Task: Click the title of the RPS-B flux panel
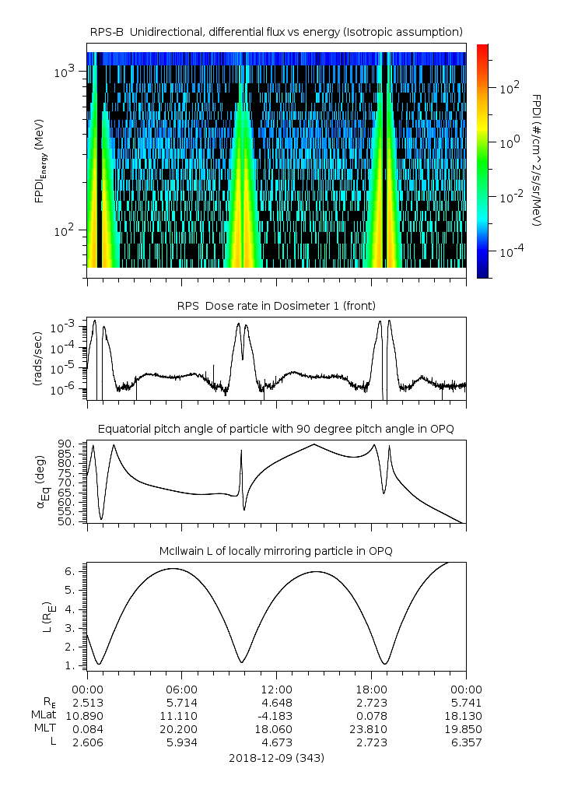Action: [x=276, y=31]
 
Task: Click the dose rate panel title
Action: [x=276, y=305]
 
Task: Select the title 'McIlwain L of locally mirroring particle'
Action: [x=276, y=551]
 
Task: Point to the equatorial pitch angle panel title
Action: [x=276, y=429]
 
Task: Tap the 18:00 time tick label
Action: [x=371, y=689]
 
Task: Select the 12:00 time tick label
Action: [x=276, y=689]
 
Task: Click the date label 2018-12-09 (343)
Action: [x=276, y=757]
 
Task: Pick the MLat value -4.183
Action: [x=276, y=715]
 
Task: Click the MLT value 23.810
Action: [x=371, y=729]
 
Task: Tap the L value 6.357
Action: [x=466, y=742]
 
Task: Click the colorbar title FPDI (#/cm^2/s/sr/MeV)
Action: [x=537, y=160]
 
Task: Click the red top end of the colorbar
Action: [x=483, y=48]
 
